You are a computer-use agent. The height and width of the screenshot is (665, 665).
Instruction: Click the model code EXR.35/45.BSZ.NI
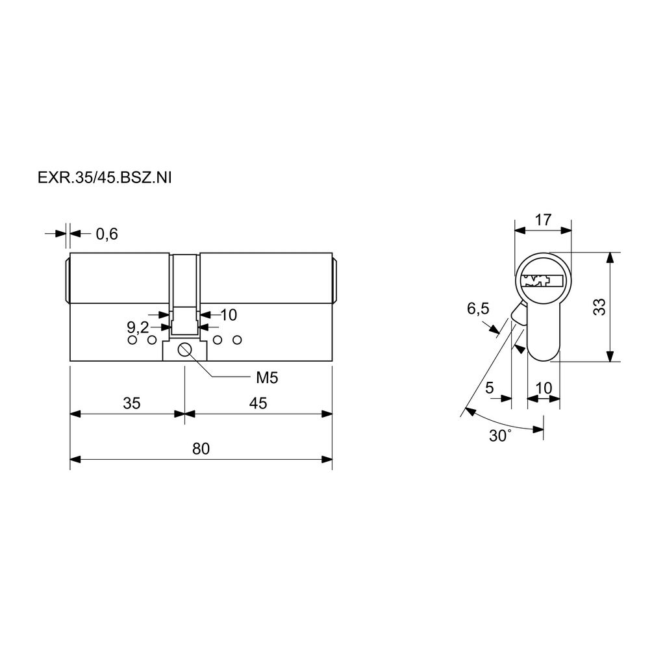click(x=105, y=178)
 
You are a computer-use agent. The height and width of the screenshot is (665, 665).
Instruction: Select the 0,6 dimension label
click(x=107, y=234)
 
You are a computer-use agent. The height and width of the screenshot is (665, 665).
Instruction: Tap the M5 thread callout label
click(x=267, y=377)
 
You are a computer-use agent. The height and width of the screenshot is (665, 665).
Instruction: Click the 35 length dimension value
click(x=131, y=403)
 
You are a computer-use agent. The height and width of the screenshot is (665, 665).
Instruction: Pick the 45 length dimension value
click(x=258, y=403)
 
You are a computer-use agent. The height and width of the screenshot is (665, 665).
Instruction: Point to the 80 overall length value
click(x=201, y=449)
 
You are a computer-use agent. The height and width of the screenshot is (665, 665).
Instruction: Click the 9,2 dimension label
click(x=138, y=327)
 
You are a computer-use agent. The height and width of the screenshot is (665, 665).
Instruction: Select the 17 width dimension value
click(x=543, y=220)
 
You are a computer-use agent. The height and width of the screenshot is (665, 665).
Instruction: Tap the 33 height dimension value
click(x=599, y=307)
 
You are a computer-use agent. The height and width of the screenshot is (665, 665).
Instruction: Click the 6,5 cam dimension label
click(x=478, y=308)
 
